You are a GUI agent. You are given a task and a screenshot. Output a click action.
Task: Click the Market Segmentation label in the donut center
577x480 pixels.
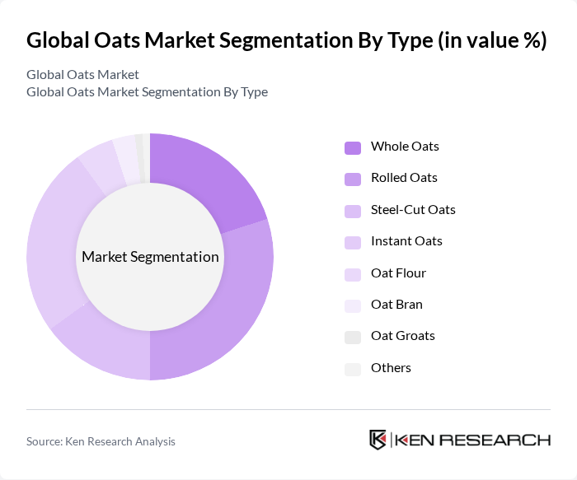point(150,257)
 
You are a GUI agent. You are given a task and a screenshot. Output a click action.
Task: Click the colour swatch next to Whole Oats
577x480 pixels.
point(352,147)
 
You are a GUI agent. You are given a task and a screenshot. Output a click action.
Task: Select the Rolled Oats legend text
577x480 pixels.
point(404,178)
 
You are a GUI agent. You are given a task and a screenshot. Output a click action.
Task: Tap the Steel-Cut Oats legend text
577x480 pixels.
point(413,209)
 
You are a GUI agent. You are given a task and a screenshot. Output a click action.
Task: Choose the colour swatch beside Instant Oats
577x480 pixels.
point(352,242)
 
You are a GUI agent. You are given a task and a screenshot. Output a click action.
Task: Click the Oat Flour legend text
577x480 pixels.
point(398,273)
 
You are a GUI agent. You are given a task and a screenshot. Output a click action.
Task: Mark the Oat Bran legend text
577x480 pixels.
point(396,304)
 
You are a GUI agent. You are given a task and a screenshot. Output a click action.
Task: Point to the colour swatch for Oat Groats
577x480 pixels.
point(352,337)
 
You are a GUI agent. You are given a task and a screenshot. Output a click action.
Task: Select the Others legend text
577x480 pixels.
point(391,367)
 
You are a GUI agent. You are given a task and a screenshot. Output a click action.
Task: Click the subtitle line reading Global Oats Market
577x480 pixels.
point(82,75)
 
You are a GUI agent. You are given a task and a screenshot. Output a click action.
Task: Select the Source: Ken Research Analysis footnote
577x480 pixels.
point(101,441)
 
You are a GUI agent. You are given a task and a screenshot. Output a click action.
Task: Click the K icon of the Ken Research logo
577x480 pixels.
point(378,440)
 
